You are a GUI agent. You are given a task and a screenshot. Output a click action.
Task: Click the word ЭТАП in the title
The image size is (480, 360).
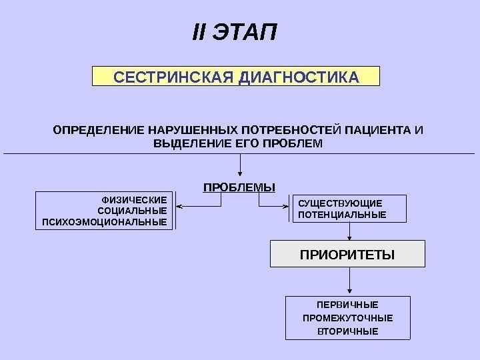tap(244, 33)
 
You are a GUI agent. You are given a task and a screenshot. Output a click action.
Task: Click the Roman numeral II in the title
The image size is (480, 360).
tap(199, 33)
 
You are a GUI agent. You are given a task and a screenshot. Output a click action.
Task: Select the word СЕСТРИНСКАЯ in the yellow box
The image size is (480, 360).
tap(173, 77)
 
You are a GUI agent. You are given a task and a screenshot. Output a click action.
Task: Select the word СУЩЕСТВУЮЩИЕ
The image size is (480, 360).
tap(340, 203)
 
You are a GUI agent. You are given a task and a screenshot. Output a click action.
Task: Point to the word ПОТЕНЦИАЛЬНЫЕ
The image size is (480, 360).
tap(342, 215)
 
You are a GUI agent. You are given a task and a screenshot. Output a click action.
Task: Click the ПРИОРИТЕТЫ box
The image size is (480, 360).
tap(347, 255)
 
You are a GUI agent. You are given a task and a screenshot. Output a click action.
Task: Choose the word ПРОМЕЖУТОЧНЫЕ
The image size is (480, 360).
tap(347, 317)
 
